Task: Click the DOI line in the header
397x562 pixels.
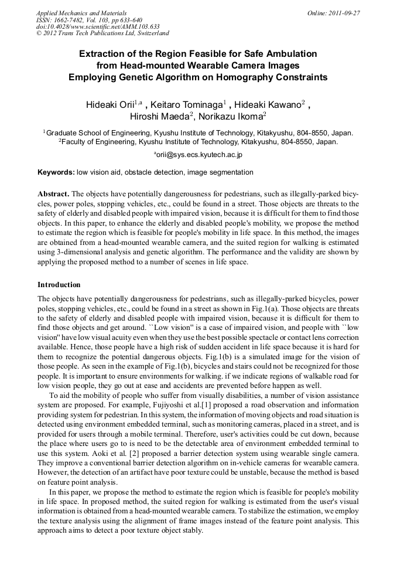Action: [x=98, y=27]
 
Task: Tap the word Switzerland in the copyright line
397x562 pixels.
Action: [x=150, y=34]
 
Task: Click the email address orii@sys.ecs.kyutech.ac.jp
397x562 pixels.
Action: [x=199, y=155]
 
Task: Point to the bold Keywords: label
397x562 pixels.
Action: [x=56, y=173]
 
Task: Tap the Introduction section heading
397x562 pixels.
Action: [x=59, y=285]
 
